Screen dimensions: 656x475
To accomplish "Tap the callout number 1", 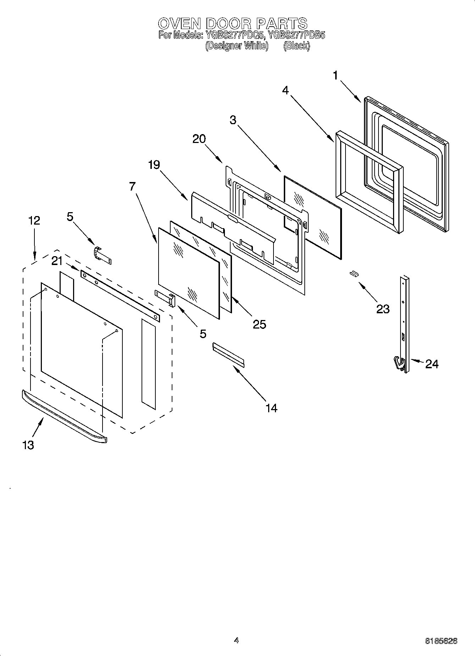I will tap(335, 76).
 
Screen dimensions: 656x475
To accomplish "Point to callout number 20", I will tap(199, 139).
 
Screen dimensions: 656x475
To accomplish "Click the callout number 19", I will tap(154, 165).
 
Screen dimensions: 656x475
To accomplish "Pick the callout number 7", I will tap(132, 186).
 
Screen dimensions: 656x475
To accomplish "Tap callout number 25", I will tap(259, 324).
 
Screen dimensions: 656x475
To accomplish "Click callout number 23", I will tap(383, 309).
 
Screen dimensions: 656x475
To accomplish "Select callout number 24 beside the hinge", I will tap(432, 364).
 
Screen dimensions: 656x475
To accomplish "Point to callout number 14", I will tap(271, 408).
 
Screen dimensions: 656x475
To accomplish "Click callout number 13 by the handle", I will tap(28, 445).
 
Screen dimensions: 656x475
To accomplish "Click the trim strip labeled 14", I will tap(228, 354).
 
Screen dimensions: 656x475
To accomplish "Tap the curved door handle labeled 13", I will tap(64, 415).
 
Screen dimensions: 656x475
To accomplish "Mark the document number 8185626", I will tap(441, 641).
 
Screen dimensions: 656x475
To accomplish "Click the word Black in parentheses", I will tap(297, 46).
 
